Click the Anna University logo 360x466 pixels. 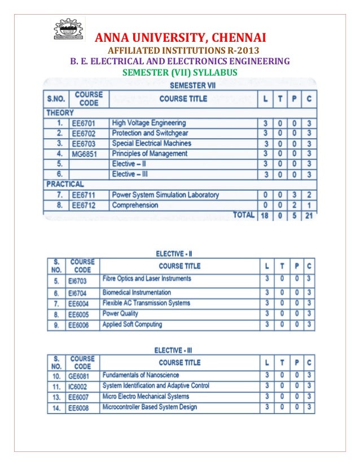67,29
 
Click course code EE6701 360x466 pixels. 84,123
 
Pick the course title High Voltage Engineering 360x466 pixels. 148,123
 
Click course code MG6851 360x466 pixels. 84,153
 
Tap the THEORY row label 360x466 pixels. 60,112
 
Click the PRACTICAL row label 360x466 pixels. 64,184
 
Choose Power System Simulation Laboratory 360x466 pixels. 165,195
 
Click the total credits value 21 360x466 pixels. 308,216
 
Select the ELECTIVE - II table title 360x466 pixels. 177,254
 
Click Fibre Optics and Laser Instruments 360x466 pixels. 147,279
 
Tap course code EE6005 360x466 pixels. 78,314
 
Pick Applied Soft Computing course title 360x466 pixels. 132,324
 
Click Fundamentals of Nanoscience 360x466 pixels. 141,375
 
